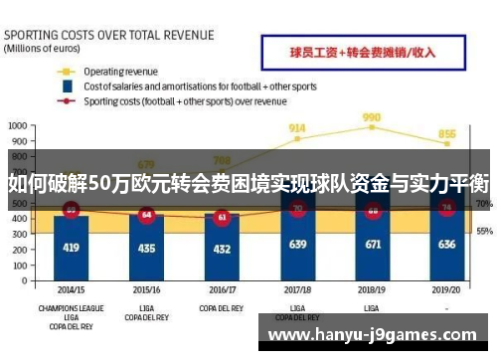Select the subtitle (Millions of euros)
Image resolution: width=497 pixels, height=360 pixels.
(42, 47)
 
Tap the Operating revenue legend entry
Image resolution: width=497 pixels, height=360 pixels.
(118, 72)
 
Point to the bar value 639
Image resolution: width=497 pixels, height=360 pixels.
(297, 245)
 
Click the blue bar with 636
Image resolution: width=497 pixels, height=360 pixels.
(447, 245)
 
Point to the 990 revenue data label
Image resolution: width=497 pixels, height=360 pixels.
(372, 116)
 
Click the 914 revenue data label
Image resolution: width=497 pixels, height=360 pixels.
(297, 128)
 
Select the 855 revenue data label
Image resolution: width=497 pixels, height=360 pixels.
(447, 134)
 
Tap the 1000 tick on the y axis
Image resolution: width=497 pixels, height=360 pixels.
(18, 126)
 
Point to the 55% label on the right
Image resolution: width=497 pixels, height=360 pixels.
(484, 231)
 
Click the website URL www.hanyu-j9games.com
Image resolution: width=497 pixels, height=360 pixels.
(379, 333)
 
